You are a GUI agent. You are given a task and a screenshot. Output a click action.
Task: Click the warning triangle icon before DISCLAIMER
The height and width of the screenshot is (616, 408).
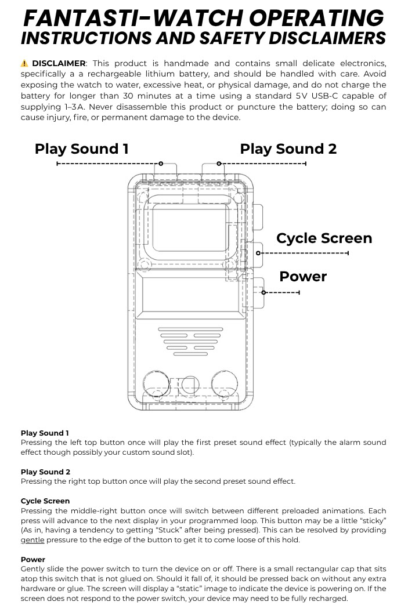click(x=24, y=63)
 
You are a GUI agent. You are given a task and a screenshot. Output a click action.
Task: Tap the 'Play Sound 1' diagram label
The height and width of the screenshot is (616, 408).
click(x=81, y=148)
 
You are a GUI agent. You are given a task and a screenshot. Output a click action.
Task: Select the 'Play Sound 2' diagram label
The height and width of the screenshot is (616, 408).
click(x=288, y=148)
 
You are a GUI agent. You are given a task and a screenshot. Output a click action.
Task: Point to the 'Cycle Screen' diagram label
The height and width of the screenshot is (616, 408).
click(x=324, y=238)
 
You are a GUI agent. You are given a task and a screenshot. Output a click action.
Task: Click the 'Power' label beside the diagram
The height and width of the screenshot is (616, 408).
click(x=303, y=276)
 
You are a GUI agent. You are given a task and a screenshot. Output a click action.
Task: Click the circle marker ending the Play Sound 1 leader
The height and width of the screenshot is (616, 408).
click(x=161, y=164)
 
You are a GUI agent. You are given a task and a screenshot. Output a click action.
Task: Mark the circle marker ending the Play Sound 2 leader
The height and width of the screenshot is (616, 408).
click(x=219, y=164)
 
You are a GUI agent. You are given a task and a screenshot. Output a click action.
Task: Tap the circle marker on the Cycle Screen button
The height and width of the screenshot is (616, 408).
click(x=259, y=253)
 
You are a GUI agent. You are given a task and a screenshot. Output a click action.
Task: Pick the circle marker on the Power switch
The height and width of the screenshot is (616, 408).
click(x=263, y=292)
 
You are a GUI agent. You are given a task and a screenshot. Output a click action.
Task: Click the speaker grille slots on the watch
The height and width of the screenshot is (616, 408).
click(x=190, y=342)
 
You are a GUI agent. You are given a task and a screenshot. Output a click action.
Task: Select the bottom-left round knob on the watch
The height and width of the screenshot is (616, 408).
click(x=157, y=384)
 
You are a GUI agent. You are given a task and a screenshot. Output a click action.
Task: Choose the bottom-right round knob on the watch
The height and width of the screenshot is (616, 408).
click(x=224, y=384)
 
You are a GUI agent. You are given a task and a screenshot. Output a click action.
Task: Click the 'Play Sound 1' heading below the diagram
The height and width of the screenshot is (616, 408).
click(x=45, y=433)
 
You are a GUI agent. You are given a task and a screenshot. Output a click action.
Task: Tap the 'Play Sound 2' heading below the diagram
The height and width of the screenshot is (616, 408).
click(x=45, y=472)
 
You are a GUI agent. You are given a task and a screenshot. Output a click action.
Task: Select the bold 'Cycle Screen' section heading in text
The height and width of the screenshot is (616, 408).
click(x=45, y=501)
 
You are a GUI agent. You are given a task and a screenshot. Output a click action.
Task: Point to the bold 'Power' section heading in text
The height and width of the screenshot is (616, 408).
click(x=33, y=560)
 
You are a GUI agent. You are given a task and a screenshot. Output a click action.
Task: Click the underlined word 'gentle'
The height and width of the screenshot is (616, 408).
click(x=33, y=540)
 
